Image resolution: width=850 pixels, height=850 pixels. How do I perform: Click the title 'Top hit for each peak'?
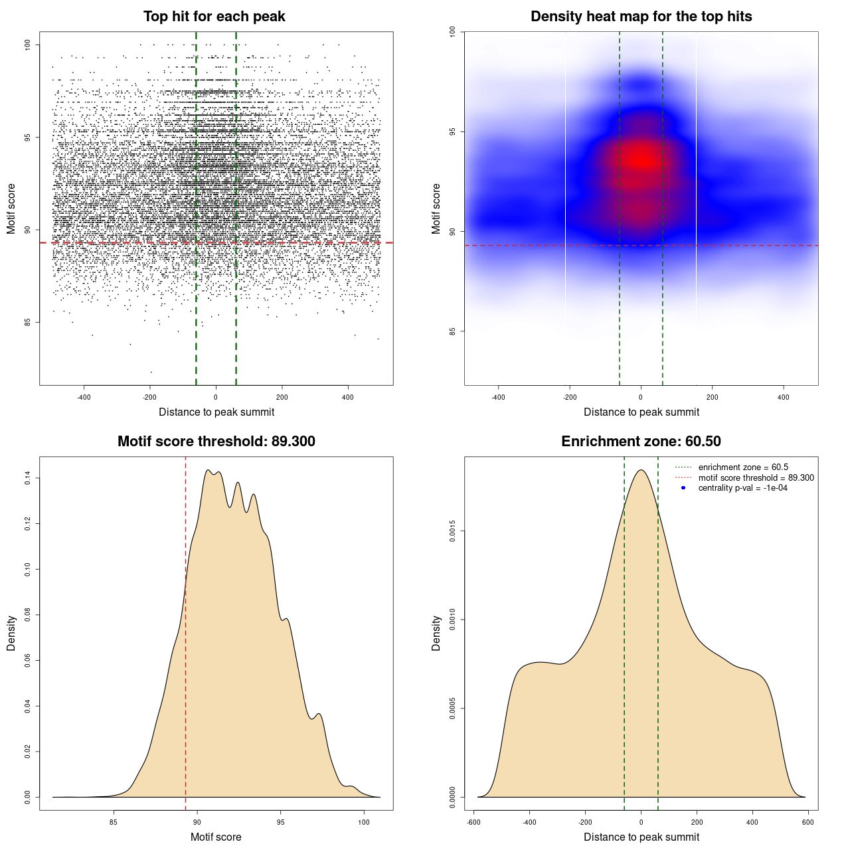coord(214,17)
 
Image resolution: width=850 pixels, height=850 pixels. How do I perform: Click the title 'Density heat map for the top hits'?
coord(641,17)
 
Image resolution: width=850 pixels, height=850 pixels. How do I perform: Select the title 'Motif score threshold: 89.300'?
coord(216,442)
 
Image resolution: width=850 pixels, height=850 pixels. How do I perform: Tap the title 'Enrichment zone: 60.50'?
coord(641,442)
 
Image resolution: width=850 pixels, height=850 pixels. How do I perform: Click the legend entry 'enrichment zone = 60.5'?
coord(743,467)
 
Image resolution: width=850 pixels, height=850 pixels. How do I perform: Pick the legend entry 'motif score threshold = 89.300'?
coord(756,478)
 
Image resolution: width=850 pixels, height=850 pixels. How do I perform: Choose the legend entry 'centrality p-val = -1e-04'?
coord(742,488)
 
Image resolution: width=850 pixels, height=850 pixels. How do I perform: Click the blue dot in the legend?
coord(683,488)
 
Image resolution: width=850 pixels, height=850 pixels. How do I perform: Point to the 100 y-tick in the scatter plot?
coord(28,44)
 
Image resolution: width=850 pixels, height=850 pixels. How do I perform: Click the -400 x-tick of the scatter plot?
coord(84,397)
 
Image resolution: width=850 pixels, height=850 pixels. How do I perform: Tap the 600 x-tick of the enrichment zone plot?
coord(807,822)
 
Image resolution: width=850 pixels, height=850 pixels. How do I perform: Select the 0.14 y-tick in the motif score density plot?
coord(28,478)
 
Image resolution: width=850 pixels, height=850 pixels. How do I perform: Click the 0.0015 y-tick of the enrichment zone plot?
coord(453,531)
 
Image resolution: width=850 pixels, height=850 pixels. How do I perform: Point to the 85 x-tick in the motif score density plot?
coord(114,822)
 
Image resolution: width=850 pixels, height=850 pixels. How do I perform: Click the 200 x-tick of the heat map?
coord(713,397)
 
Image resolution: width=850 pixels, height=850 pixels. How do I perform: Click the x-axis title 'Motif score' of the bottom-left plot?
coord(216,837)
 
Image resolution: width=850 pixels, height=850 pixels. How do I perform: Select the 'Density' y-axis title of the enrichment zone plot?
coord(436,633)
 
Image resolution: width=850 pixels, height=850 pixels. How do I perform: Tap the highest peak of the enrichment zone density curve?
coord(641,471)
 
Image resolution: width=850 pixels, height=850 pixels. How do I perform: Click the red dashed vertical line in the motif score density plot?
coord(185,631)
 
